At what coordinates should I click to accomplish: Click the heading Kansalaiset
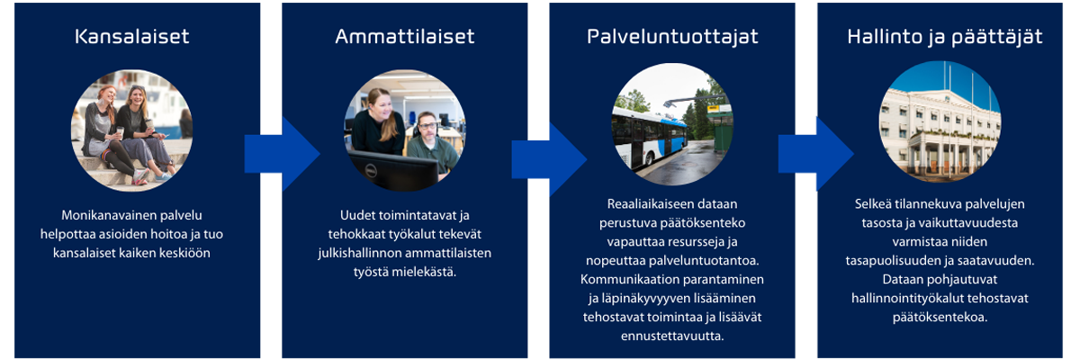point(131,37)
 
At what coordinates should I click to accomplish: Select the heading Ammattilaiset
point(404,37)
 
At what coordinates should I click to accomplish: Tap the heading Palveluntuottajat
point(672,37)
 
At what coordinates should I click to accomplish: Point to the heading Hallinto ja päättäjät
point(944,37)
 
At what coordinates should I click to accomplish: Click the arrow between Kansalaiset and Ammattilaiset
point(282,154)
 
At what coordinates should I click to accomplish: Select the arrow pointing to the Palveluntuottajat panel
point(549,159)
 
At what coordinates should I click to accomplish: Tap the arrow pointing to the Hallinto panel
point(816,154)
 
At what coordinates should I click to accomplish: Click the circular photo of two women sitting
point(131,130)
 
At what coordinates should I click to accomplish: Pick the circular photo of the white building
point(940,121)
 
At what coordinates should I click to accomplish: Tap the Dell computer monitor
point(394,169)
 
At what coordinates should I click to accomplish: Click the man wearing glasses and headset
point(431,143)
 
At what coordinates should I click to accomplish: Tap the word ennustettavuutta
point(672,336)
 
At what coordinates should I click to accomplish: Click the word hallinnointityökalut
point(906,299)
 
